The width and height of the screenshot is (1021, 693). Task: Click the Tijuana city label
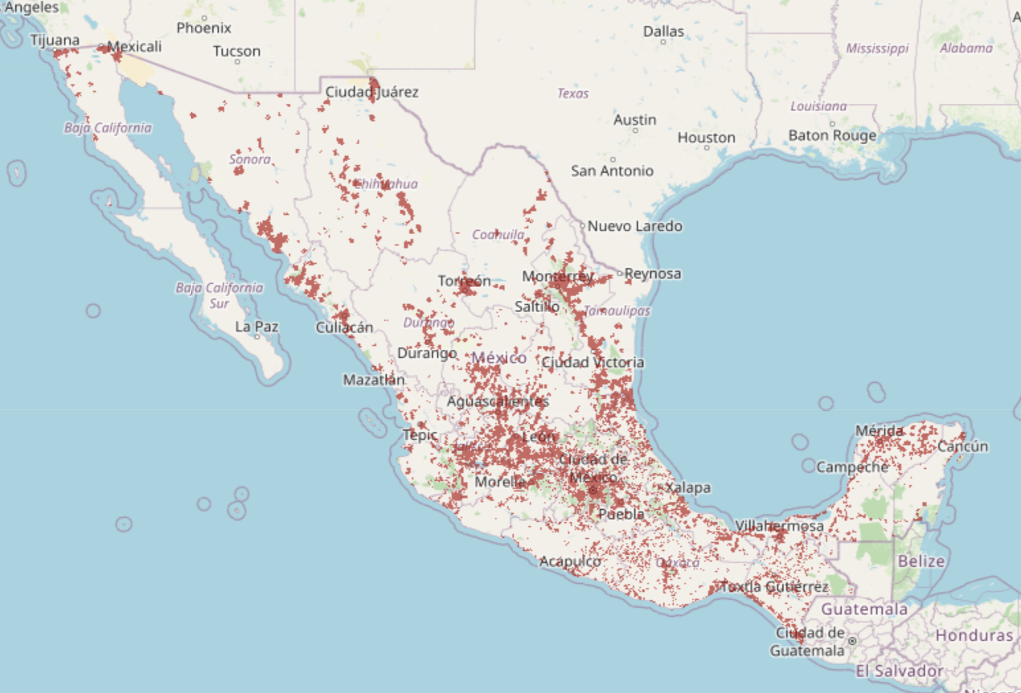tap(54, 40)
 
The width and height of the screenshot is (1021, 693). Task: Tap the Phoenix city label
tap(204, 28)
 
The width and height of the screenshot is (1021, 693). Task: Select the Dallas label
tap(663, 31)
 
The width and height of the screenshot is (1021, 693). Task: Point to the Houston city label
tap(706, 138)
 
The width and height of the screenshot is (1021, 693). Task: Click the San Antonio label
tap(612, 171)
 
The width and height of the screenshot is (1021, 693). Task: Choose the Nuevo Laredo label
tap(635, 226)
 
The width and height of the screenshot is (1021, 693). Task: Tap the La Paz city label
tap(257, 327)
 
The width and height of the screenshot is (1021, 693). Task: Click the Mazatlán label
tap(374, 380)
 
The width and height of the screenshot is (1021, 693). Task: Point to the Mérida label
tap(879, 430)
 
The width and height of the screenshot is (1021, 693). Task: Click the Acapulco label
tap(570, 561)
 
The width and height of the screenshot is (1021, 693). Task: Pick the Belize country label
tap(920, 561)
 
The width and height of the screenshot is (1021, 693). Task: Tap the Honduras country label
tap(973, 635)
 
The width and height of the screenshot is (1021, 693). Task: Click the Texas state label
tap(573, 93)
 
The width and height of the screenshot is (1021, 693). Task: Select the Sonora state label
tap(250, 159)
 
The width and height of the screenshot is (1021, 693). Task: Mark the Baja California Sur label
tap(219, 296)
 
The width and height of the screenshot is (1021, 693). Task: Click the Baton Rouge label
tap(832, 136)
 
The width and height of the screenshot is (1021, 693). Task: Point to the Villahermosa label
tap(779, 526)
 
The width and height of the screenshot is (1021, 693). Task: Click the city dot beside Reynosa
tap(620, 273)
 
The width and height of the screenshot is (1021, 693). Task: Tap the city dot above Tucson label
tap(237, 61)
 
